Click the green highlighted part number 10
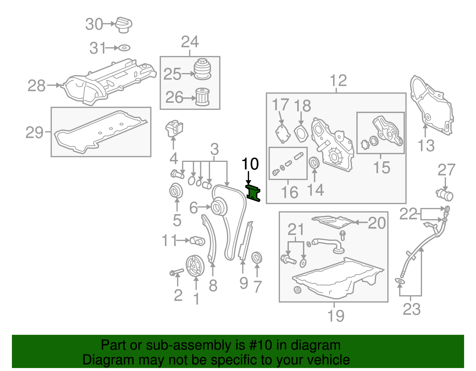click(253, 193)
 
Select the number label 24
click(190, 42)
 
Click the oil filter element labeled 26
click(203, 97)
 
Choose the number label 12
click(338, 80)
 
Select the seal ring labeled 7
click(257, 258)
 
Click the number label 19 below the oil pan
click(336, 316)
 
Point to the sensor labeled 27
click(444, 195)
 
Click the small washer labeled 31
click(125, 48)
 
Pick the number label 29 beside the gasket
click(35, 132)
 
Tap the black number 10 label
click(250, 164)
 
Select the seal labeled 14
click(314, 163)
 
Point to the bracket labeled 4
click(174, 129)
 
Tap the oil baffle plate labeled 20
click(333, 222)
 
